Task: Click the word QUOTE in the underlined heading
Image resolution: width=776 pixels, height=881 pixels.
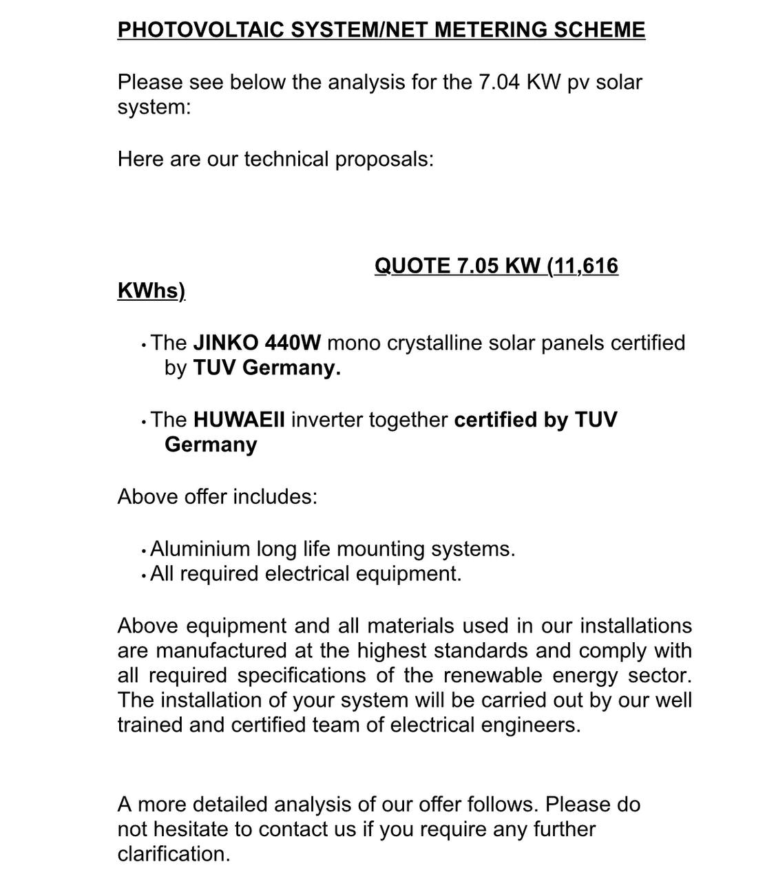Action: click(412, 266)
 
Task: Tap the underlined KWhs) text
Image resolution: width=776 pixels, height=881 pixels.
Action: click(151, 290)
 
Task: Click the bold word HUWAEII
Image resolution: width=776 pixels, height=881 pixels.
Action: click(239, 420)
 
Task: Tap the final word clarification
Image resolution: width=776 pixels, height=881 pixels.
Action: click(174, 854)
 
